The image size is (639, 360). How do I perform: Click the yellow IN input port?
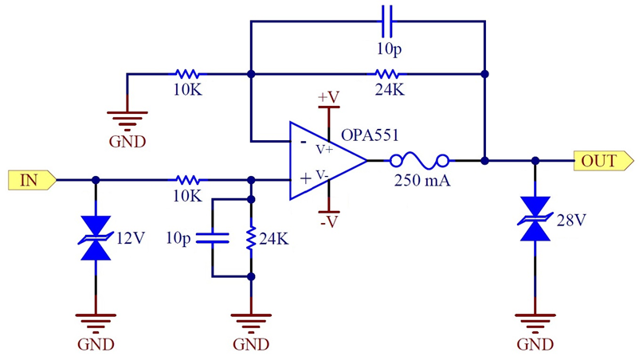(x=31, y=180)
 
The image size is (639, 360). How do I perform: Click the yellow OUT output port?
(x=598, y=160)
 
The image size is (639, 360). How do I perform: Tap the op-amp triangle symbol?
(x=323, y=160)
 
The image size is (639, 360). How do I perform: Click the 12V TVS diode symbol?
(x=96, y=237)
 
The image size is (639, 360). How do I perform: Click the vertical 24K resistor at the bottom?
(x=252, y=237)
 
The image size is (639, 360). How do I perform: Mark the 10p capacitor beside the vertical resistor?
(x=213, y=237)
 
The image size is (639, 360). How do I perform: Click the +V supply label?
(x=328, y=97)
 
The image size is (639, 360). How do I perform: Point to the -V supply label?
(x=328, y=222)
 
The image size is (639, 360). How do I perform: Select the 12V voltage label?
(x=130, y=237)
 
